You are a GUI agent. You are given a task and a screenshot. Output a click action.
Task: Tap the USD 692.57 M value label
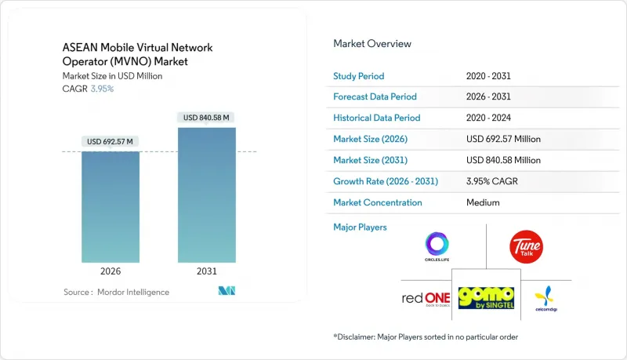tap(111, 141)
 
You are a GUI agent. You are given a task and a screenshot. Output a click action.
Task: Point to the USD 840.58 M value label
tap(207, 118)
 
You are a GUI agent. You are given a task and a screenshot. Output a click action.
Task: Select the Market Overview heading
tap(372, 43)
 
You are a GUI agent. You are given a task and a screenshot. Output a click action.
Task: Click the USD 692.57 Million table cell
tap(503, 139)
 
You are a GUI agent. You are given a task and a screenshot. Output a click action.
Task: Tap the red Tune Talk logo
tap(525, 246)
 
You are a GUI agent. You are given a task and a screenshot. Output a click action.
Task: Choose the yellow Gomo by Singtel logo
tap(486, 298)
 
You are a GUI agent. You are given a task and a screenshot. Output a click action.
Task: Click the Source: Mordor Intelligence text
tap(116, 293)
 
